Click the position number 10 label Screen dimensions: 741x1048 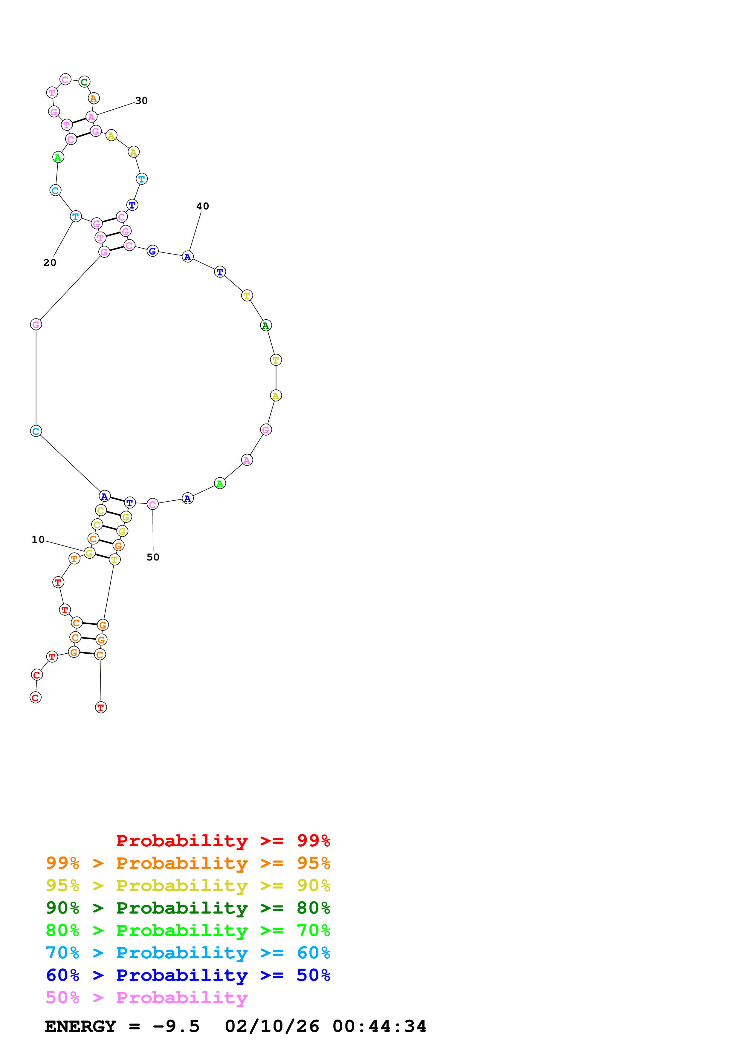[38, 540]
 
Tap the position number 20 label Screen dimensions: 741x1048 [50, 263]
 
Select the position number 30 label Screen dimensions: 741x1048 [141, 101]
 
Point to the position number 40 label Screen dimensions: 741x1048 [202, 206]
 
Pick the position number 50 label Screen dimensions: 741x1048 [153, 557]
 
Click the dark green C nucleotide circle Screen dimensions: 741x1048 [84, 82]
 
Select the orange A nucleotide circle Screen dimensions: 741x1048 [94, 99]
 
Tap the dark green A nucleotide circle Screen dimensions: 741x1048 [266, 325]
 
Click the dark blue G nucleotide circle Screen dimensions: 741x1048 [152, 251]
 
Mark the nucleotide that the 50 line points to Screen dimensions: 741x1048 [152, 504]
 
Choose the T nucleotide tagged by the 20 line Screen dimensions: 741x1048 [76, 216]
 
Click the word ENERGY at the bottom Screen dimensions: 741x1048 [80, 1026]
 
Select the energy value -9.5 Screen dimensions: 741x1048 [176, 1026]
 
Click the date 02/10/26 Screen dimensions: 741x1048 [272, 1026]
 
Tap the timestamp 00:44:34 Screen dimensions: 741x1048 [379, 1026]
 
